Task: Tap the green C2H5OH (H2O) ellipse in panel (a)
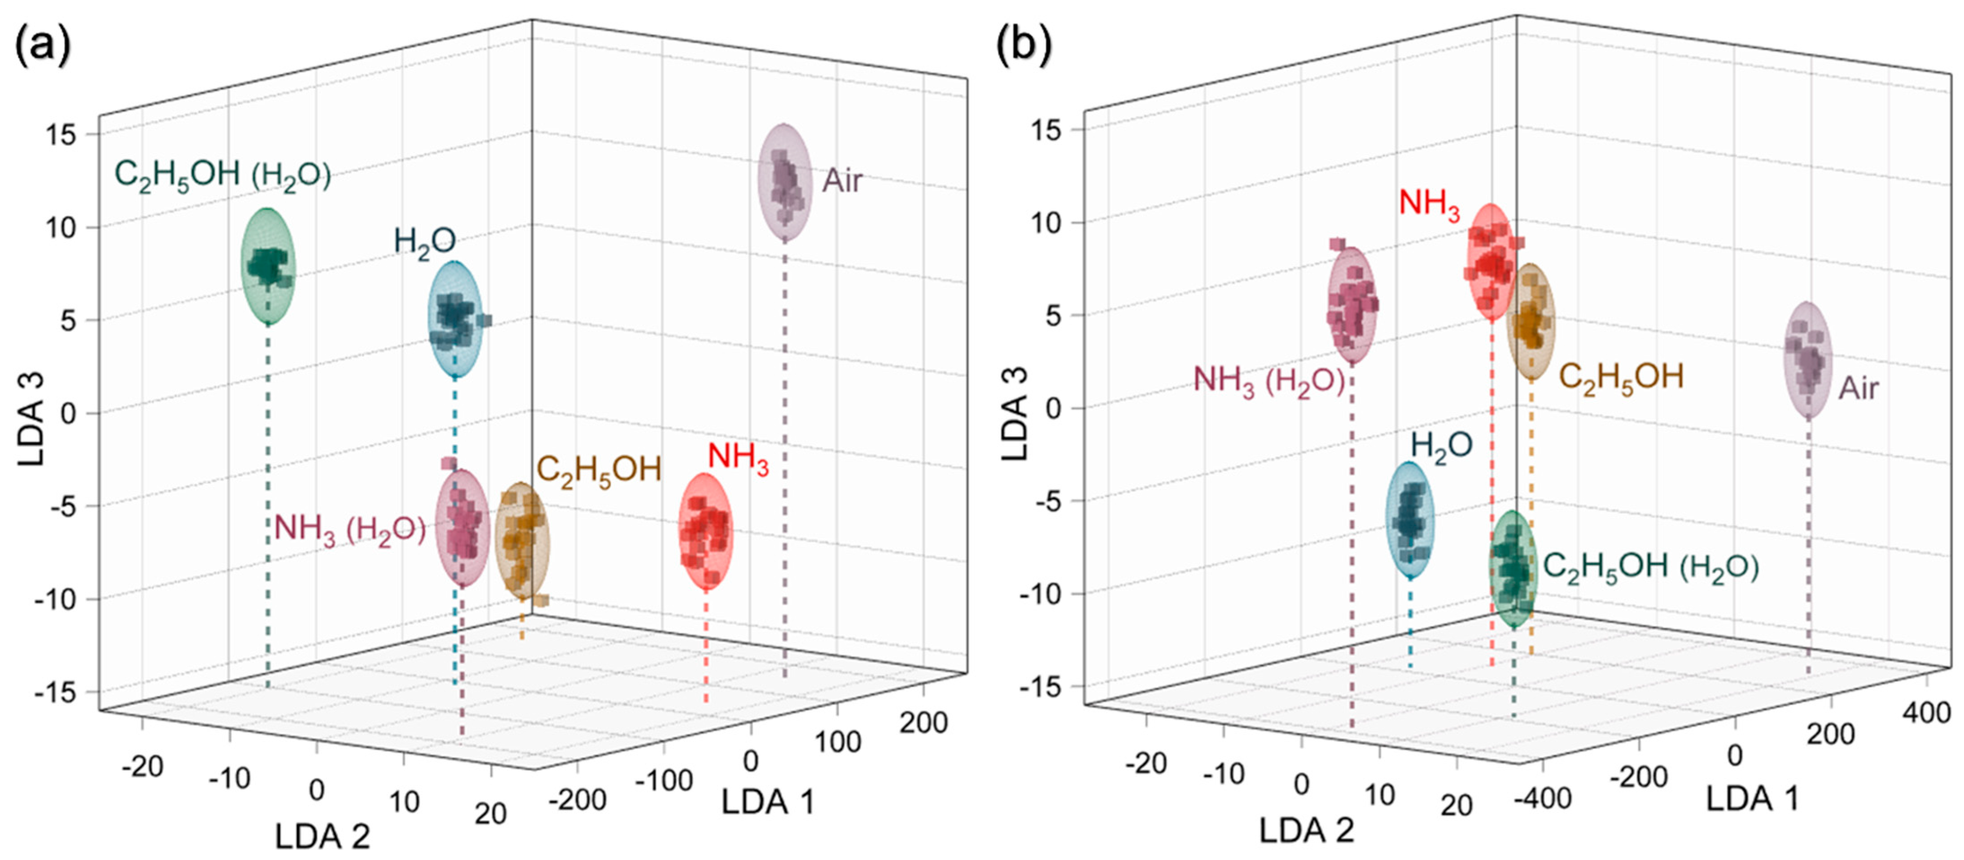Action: (267, 266)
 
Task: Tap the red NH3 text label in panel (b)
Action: (1429, 204)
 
